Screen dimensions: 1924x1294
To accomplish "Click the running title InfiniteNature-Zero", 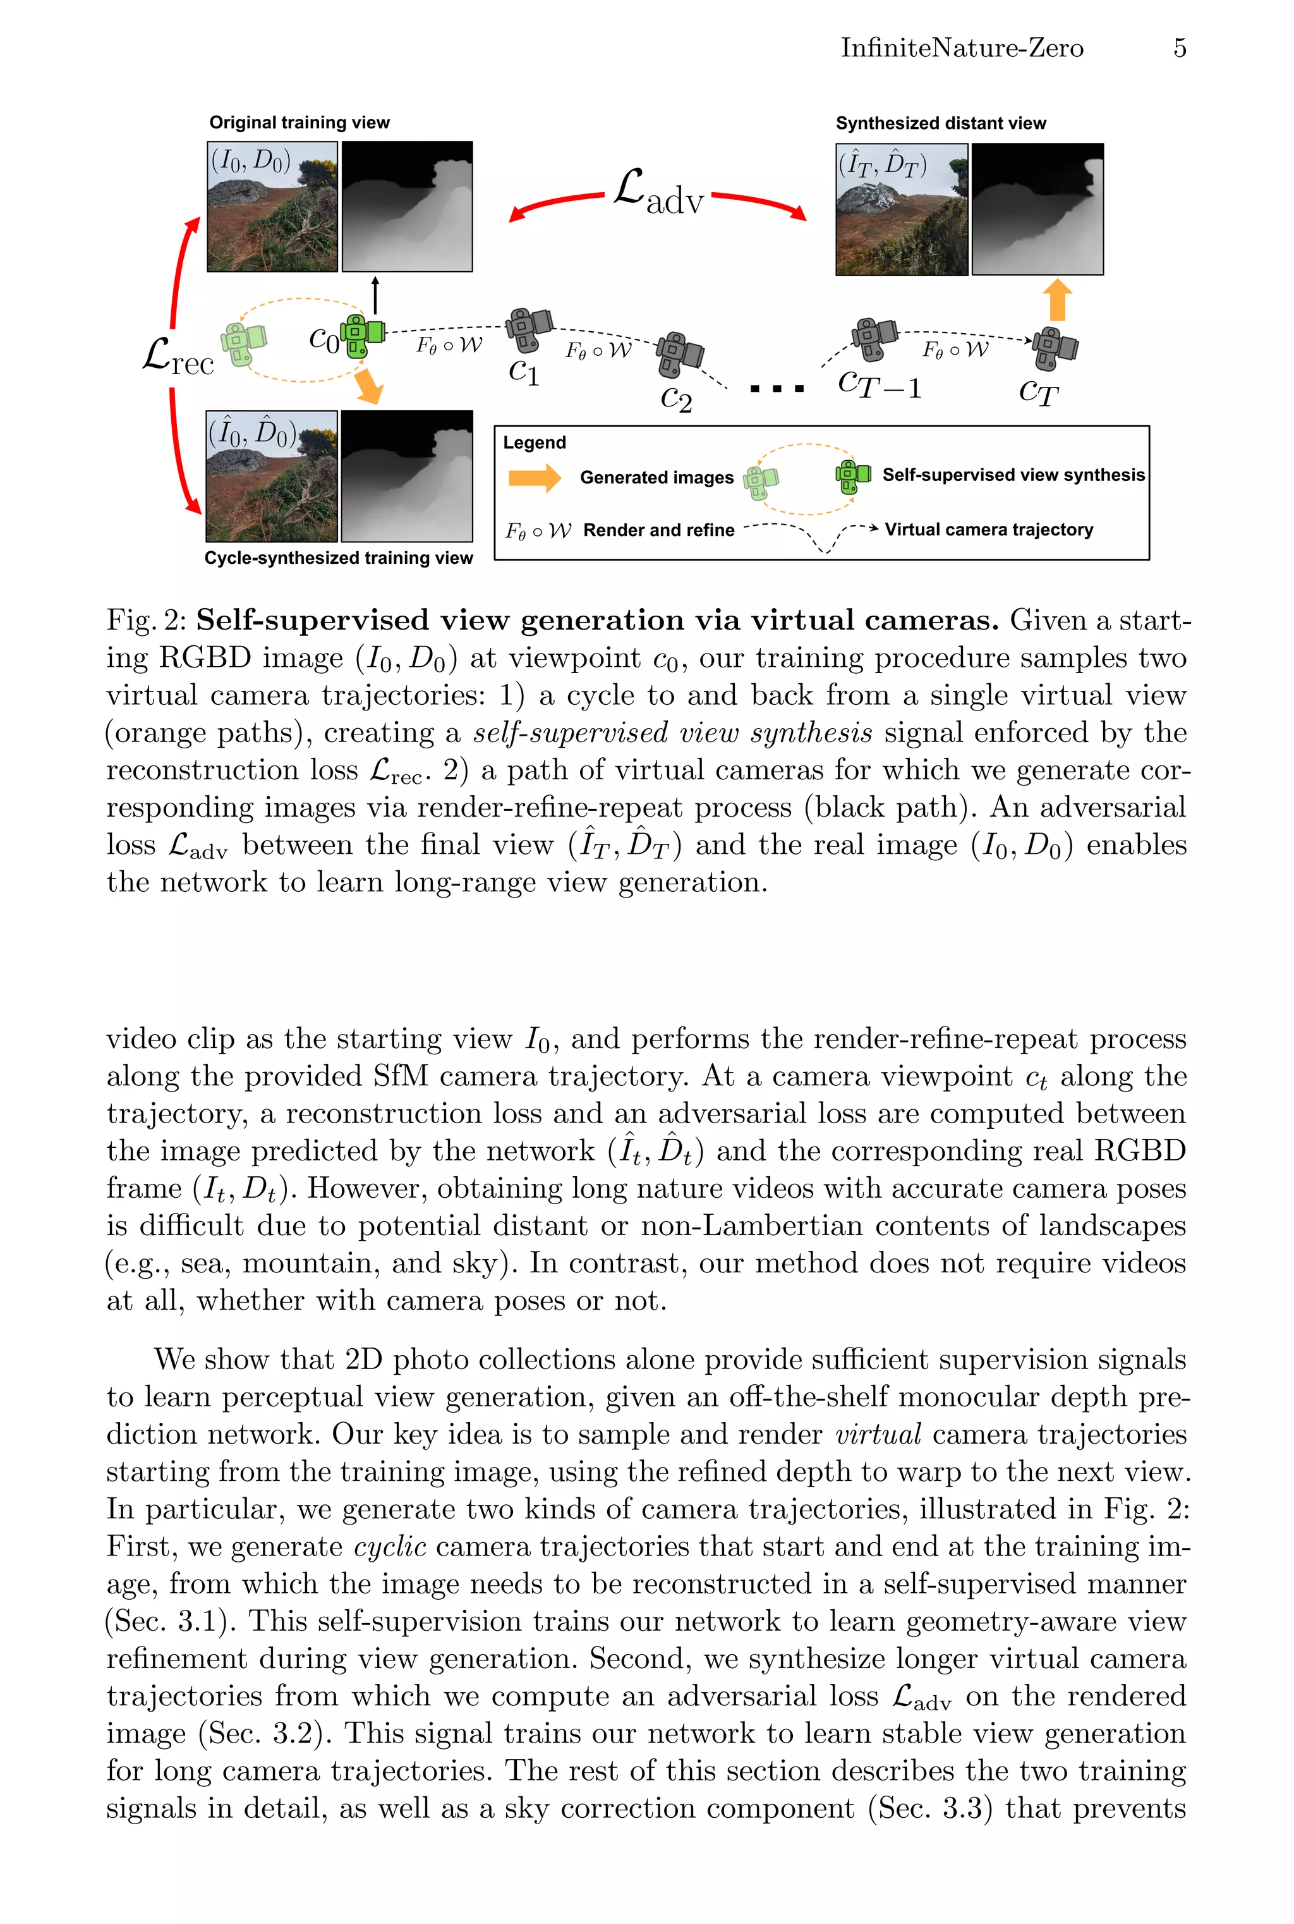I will (962, 48).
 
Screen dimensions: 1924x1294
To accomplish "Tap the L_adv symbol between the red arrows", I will (658, 193).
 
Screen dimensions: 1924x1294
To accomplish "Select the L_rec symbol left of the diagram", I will (178, 357).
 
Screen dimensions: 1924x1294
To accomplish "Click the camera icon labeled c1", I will (528, 329).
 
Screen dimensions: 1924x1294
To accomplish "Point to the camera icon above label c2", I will (679, 354).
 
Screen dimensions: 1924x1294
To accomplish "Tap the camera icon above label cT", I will (1054, 348).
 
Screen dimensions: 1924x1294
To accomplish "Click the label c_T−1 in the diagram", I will (879, 384).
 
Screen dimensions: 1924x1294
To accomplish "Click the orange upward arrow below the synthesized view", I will (1057, 300).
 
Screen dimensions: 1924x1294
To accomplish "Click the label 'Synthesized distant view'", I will (940, 124).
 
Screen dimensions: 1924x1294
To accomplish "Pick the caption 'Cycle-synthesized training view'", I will (339, 558).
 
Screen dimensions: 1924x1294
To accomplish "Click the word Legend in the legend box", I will (534, 442).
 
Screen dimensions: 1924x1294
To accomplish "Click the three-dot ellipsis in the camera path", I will (777, 388).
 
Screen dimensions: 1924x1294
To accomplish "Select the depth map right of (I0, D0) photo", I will (407, 206).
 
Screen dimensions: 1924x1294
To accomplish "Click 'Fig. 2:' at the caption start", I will (148, 620).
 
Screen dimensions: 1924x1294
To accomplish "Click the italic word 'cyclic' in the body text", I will (389, 1546).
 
